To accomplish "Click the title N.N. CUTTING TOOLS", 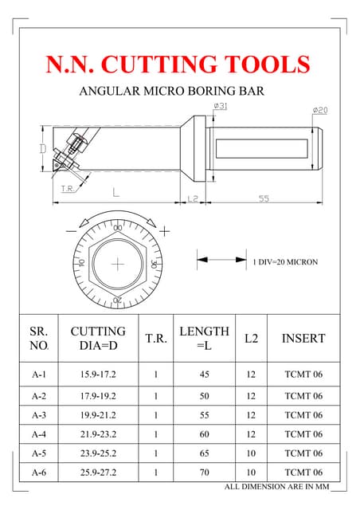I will click(x=178, y=64).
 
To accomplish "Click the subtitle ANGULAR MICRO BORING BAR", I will click(x=171, y=92).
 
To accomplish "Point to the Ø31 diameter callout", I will click(x=220, y=107).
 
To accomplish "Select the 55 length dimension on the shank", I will click(x=264, y=199).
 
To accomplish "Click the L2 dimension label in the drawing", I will click(x=192, y=199).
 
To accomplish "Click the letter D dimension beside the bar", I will click(x=42, y=149).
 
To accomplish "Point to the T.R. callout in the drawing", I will click(x=68, y=189).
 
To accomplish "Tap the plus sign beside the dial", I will click(x=165, y=231).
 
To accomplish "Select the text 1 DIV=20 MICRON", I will click(x=285, y=261).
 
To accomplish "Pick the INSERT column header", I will click(x=303, y=339).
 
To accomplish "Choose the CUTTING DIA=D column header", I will click(x=98, y=339).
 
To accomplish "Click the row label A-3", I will click(x=39, y=415).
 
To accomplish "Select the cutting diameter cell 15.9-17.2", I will click(x=98, y=374).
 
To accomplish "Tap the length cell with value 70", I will click(x=204, y=473).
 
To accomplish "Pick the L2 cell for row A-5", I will click(x=251, y=453).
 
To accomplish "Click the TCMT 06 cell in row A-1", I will click(x=303, y=374).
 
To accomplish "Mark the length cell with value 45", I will click(x=204, y=374).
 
